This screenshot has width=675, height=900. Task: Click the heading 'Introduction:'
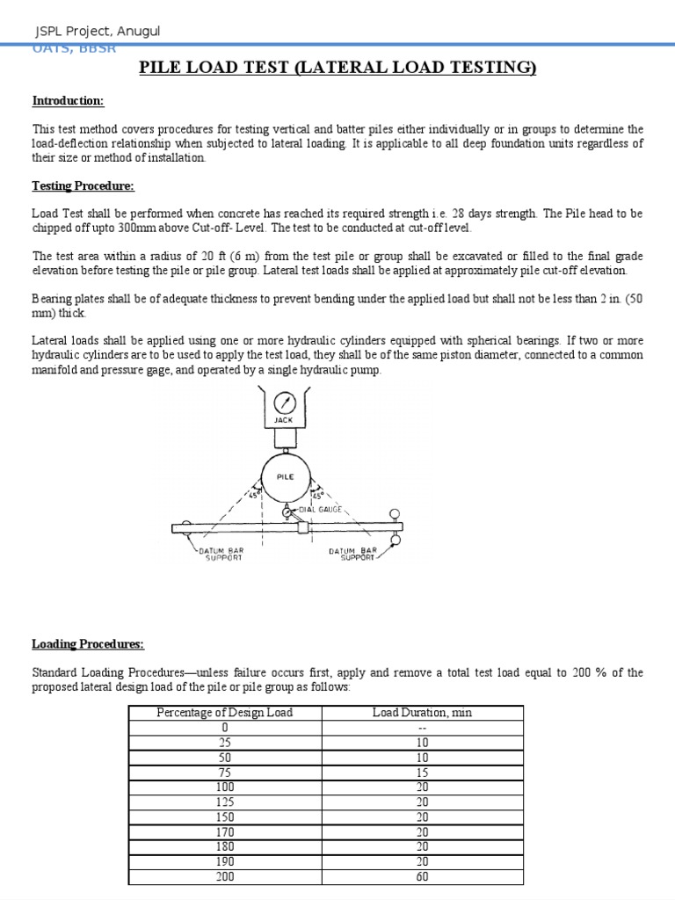(x=68, y=101)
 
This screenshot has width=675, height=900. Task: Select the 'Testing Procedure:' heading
(x=83, y=185)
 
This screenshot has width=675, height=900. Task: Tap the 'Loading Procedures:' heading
(x=87, y=643)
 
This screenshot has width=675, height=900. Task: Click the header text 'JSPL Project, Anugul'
(x=97, y=32)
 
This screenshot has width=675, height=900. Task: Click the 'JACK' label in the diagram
(x=283, y=420)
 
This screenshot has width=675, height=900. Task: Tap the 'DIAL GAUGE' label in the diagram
(x=319, y=509)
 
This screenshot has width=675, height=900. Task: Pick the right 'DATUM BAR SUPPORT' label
(x=353, y=555)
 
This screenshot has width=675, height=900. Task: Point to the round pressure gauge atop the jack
(x=283, y=403)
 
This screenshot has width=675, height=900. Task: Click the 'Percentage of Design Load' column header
(x=224, y=712)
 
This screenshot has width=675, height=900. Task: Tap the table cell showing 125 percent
(x=224, y=802)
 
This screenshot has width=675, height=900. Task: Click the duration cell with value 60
(x=422, y=876)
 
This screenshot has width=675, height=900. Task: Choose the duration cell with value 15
(x=422, y=772)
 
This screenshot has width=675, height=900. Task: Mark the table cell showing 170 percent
(x=224, y=831)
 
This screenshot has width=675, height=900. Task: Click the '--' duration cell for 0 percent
(x=422, y=727)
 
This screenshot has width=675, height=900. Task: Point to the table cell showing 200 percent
(x=224, y=876)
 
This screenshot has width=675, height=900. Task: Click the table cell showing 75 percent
(x=224, y=772)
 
